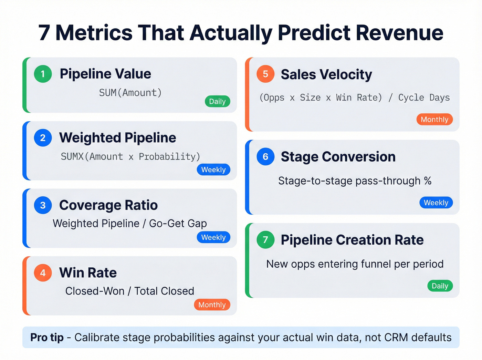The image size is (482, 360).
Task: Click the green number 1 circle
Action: [43, 74]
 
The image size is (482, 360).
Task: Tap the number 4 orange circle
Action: [43, 273]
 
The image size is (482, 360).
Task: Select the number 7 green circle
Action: [265, 240]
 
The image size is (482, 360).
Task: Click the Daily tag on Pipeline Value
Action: [217, 102]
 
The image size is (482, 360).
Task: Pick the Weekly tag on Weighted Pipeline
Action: [213, 169]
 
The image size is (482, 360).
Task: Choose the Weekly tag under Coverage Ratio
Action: [213, 237]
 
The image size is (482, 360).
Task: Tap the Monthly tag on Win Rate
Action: [212, 305]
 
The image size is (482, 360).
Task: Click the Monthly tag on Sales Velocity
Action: [434, 120]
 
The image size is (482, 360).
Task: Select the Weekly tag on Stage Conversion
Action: [436, 203]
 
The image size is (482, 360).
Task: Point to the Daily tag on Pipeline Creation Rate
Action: [440, 286]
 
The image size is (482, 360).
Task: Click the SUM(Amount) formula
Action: [130, 93]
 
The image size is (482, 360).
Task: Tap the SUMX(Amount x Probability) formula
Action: [130, 157]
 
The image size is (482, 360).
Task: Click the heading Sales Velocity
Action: [326, 74]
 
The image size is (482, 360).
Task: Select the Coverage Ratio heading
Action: [108, 205]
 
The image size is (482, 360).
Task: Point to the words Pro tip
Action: [47, 338]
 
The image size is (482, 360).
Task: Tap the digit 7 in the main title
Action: [44, 33]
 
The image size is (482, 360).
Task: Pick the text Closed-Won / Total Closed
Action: [130, 291]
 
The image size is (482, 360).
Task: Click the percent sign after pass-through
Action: [428, 181]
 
